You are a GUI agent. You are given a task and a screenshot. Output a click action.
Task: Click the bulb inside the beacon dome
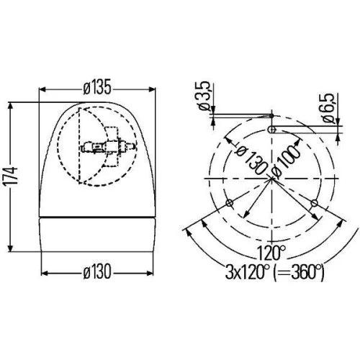[93, 147]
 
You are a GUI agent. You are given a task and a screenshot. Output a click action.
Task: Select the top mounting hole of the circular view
[272, 128]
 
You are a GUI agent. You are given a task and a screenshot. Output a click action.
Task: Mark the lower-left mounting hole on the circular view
[229, 203]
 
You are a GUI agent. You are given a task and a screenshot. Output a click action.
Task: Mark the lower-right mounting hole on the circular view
[315, 203]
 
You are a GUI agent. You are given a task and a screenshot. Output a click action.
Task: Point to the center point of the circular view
[272, 179]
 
